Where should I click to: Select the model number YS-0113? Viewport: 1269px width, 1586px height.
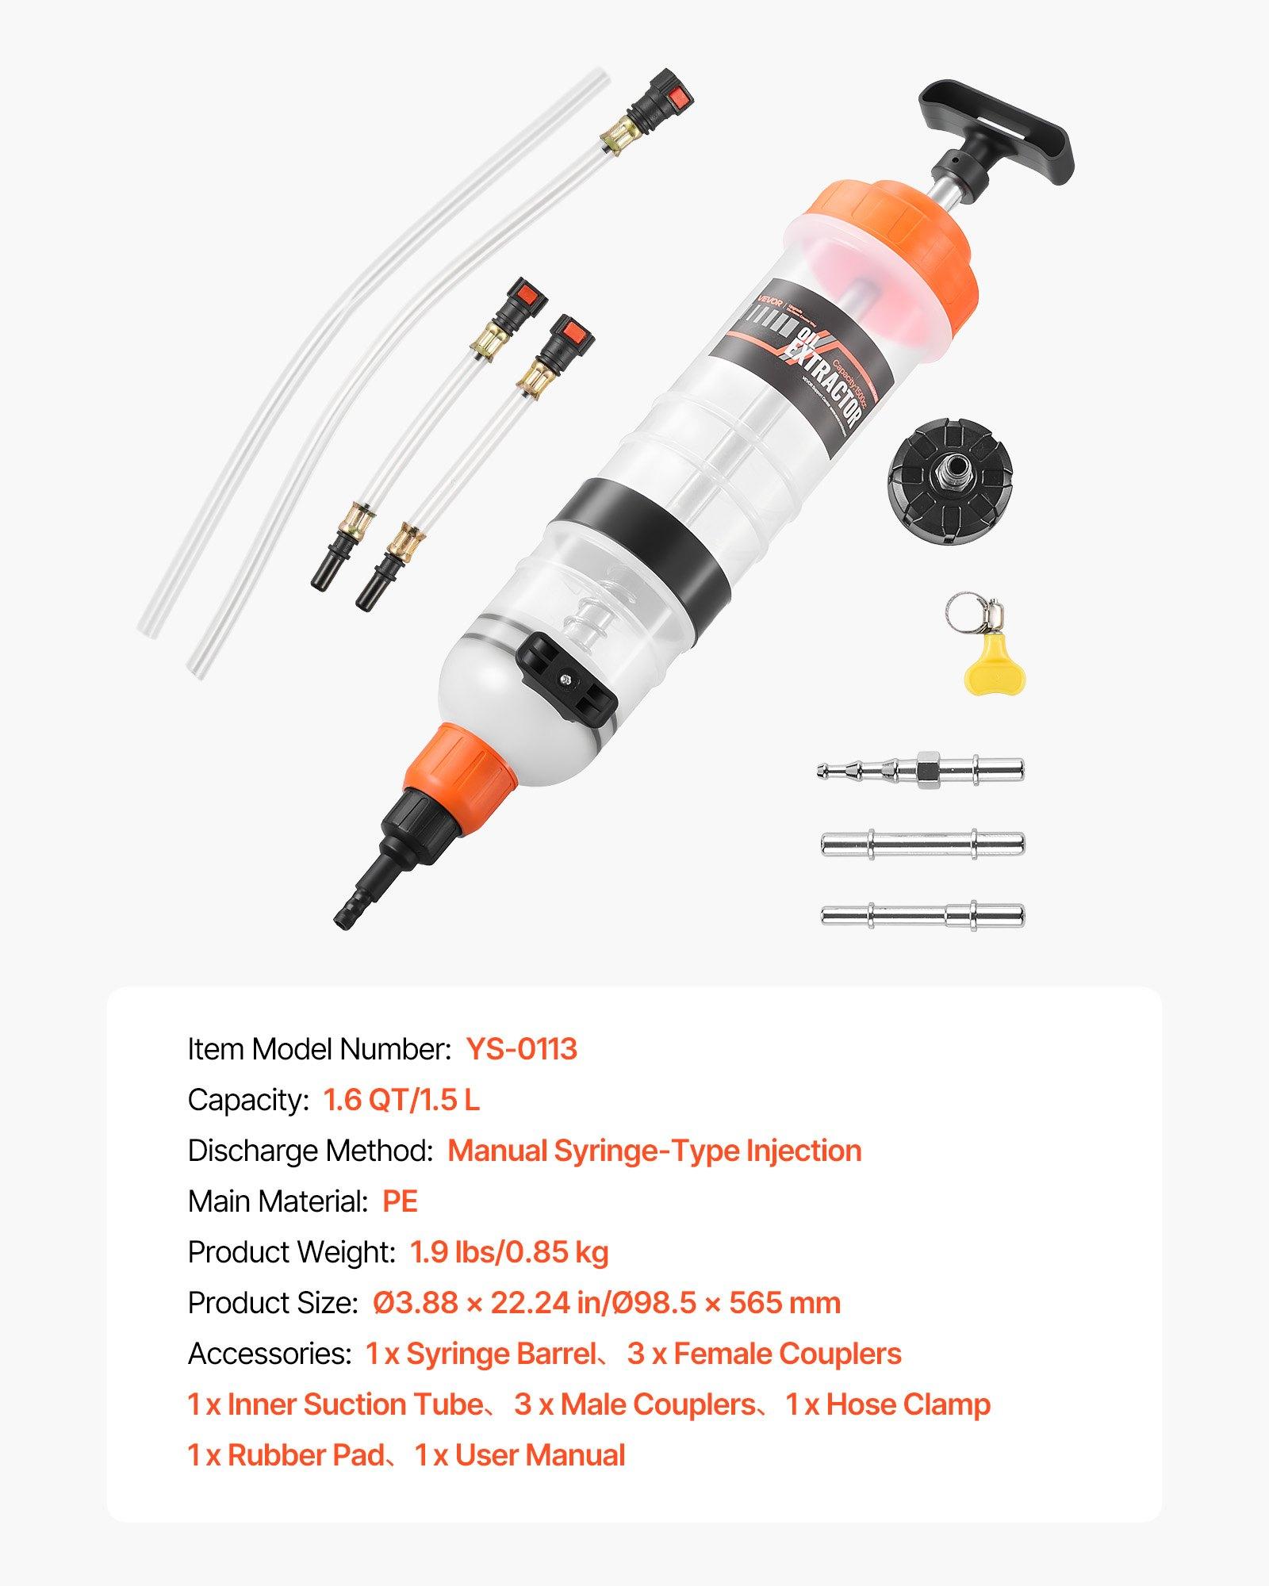pos(522,1049)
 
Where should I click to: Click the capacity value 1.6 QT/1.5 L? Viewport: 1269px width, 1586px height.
pos(401,1100)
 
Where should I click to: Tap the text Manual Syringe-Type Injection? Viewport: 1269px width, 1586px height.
pos(654,1151)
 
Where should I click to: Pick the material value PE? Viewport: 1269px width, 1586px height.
pos(400,1201)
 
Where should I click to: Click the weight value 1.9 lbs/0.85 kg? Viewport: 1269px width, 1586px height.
pos(509,1252)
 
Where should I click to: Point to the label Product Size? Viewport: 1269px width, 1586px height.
pos(273,1303)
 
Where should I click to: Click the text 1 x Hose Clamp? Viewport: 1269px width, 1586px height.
pos(888,1404)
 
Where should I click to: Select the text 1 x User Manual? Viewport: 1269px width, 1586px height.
pos(520,1455)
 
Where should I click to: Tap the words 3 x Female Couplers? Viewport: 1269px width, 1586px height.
pos(764,1354)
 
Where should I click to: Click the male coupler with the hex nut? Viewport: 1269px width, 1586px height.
pos(920,769)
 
